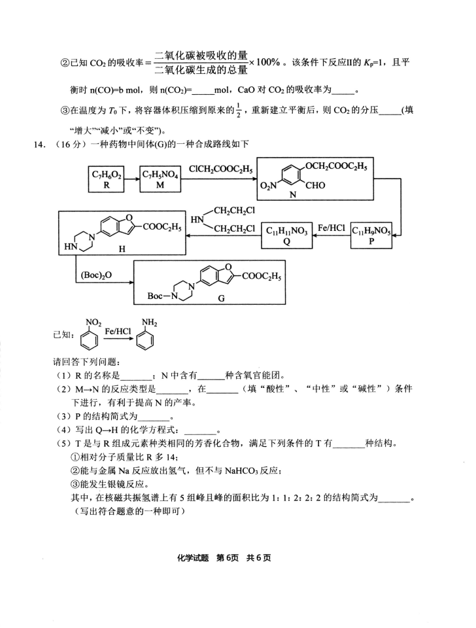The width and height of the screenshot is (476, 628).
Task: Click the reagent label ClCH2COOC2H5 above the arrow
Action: (x=220, y=169)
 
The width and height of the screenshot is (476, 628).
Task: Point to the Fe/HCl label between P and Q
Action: (x=331, y=228)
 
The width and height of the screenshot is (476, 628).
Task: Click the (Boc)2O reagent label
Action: (x=96, y=275)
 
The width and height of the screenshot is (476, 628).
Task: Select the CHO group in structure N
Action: (x=315, y=185)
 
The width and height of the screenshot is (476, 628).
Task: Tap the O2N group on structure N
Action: (x=268, y=185)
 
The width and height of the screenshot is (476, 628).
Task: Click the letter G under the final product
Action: (x=221, y=298)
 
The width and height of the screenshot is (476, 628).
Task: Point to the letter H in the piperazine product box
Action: (x=122, y=249)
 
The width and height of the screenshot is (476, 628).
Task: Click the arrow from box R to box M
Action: (x=131, y=179)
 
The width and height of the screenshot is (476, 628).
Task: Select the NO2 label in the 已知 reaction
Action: (x=93, y=323)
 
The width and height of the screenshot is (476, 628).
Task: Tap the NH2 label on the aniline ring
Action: (x=149, y=323)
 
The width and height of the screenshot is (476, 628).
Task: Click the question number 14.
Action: (x=39, y=145)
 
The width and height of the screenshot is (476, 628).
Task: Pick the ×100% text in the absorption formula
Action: (x=265, y=62)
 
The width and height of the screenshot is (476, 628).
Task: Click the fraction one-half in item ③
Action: (x=239, y=110)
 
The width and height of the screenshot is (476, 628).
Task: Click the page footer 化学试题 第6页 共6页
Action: (x=224, y=558)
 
